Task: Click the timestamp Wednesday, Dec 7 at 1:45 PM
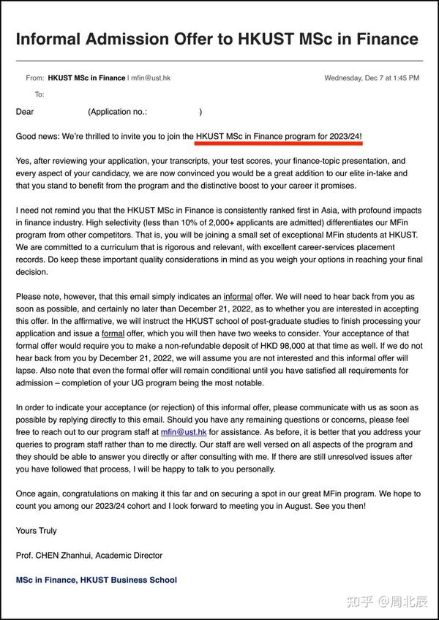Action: pos(372,77)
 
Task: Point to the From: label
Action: pos(34,77)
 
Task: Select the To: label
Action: pos(40,94)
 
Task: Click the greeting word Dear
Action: pos(26,112)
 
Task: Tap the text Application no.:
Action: pos(118,112)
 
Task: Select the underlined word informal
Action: pos(238,297)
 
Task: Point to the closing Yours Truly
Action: pos(37,530)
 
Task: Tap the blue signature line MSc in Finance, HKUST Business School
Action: pos(96,580)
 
